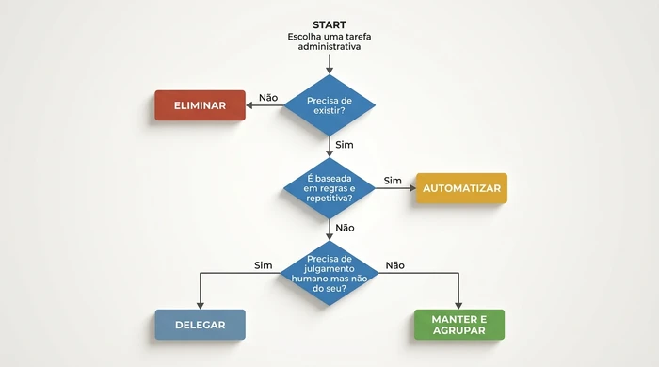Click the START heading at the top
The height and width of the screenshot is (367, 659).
(329, 24)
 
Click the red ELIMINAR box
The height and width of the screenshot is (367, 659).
(200, 105)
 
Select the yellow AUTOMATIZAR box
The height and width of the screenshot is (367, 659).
(461, 188)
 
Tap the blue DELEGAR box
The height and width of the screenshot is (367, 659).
(200, 325)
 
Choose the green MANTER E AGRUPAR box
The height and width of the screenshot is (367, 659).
(459, 325)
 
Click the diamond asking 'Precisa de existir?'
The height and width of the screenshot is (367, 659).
(329, 104)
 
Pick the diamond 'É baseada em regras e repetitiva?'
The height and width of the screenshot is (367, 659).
(329, 188)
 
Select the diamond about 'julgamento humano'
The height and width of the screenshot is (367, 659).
(329, 272)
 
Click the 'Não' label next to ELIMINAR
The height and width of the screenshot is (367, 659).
(268, 97)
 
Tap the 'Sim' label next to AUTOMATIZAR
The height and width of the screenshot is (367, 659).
(393, 180)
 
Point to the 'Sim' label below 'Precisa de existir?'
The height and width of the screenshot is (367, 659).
(345, 145)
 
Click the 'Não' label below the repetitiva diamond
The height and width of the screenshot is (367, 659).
(345, 228)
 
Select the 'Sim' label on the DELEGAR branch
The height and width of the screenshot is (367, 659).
(264, 264)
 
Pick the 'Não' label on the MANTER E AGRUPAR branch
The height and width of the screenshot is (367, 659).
(395, 264)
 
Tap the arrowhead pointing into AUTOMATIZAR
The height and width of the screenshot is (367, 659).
(410, 188)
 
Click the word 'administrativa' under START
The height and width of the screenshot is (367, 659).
(329, 47)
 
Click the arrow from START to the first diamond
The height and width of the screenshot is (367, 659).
(329, 64)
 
